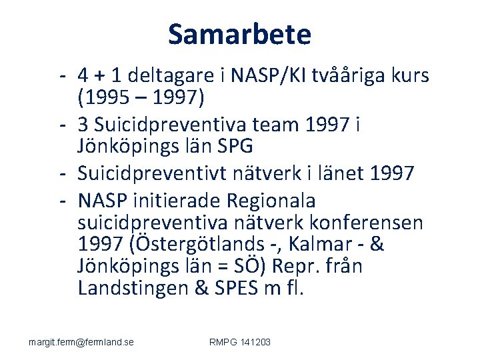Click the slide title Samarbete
pyautogui.click(x=239, y=34)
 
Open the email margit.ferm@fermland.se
pyautogui.click(x=81, y=342)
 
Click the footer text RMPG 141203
pyautogui.click(x=240, y=342)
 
